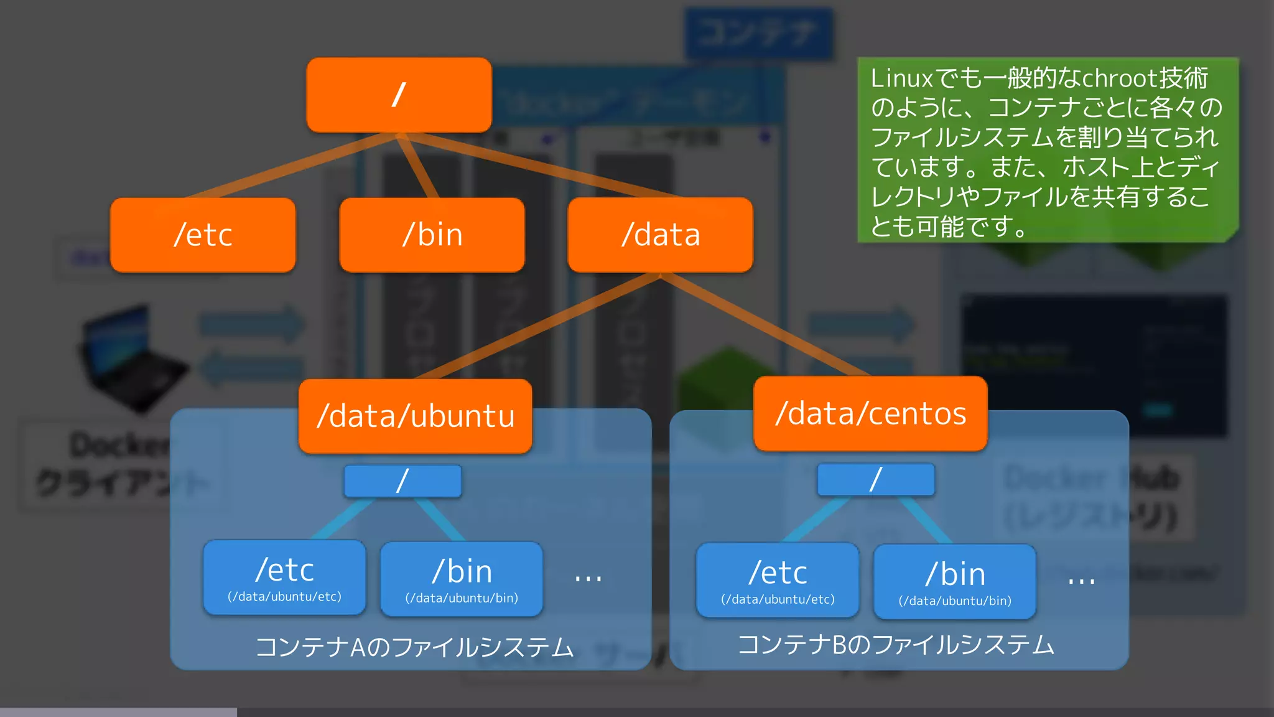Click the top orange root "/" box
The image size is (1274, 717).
399,95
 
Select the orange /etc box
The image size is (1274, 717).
203,235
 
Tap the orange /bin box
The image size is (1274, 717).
432,235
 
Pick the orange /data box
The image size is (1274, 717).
660,235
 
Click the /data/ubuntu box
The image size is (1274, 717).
415,416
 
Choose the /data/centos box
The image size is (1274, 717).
870,413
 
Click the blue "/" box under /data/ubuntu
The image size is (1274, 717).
402,481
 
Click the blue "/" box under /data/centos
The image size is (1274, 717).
876,479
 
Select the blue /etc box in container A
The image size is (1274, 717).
284,578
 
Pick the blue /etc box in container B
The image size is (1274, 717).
778,580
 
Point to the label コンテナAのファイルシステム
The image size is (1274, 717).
414,647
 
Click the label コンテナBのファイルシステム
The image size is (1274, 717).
896,645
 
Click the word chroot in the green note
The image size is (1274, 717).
1120,78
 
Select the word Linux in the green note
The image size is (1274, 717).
901,78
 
